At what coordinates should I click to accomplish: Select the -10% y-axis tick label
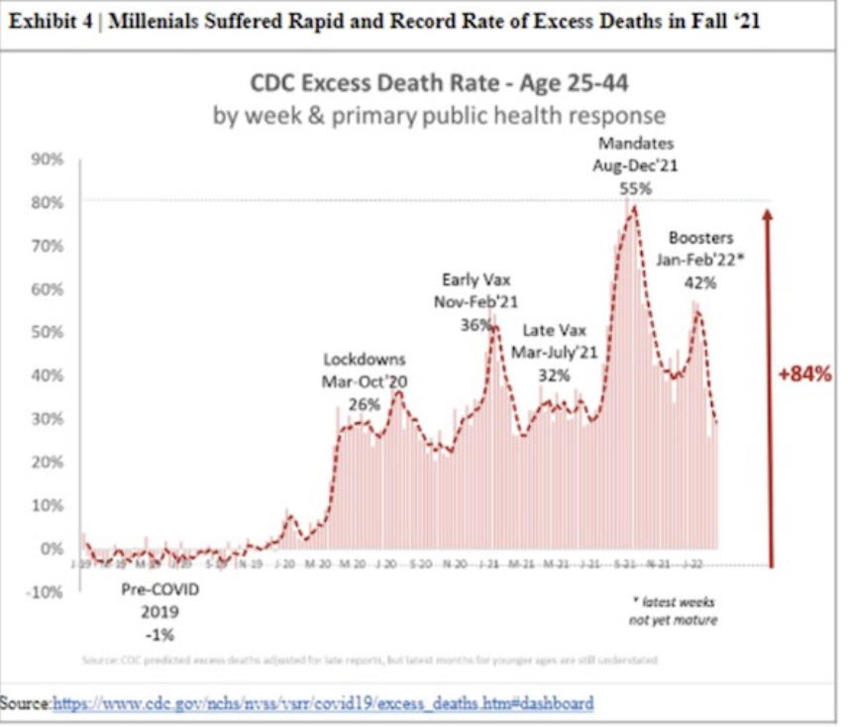tap(46, 591)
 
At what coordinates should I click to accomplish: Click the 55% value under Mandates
tap(635, 187)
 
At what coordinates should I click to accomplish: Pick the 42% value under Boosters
tap(701, 281)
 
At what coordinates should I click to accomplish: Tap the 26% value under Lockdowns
tap(365, 403)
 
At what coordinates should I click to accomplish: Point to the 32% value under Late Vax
tap(555, 375)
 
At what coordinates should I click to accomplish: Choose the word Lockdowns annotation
tap(365, 359)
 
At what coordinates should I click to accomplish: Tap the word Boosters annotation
tap(701, 238)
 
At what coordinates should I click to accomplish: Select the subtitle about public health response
tap(439, 115)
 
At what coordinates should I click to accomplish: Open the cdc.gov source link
tap(322, 703)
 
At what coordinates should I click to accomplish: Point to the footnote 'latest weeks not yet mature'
tap(674, 610)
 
